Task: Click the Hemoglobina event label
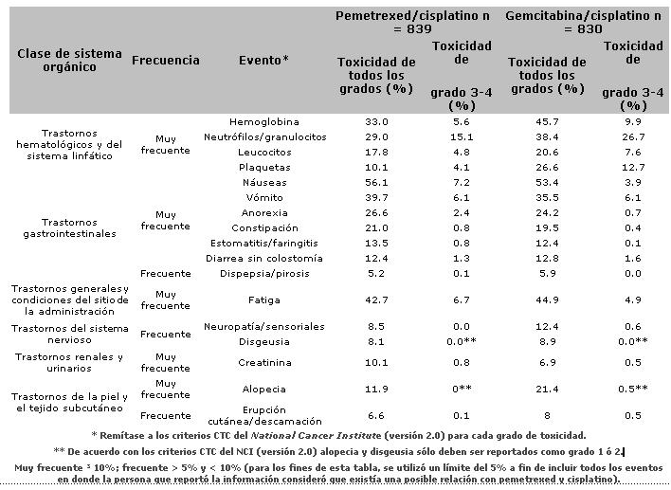[x=264, y=122]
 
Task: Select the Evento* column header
[x=263, y=60]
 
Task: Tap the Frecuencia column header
[x=166, y=61]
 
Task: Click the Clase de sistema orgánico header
[x=69, y=61]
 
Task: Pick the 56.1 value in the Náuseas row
[x=376, y=183]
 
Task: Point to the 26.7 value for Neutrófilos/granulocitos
[x=633, y=137]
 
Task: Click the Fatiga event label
[x=264, y=300]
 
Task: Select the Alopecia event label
[x=263, y=390]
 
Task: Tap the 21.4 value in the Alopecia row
[x=547, y=390]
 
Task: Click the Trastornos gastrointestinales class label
[x=69, y=228]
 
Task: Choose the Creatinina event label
[x=264, y=363]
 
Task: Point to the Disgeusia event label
[x=264, y=342]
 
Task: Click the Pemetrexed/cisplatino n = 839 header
[x=412, y=22]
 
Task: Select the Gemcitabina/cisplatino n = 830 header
[x=583, y=22]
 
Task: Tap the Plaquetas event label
[x=264, y=168]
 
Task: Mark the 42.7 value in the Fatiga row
[x=376, y=300]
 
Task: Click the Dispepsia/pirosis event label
[x=264, y=274]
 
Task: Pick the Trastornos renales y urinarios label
[x=69, y=362]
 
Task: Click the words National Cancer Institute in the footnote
[x=316, y=436]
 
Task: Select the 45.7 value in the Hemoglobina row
[x=547, y=122]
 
